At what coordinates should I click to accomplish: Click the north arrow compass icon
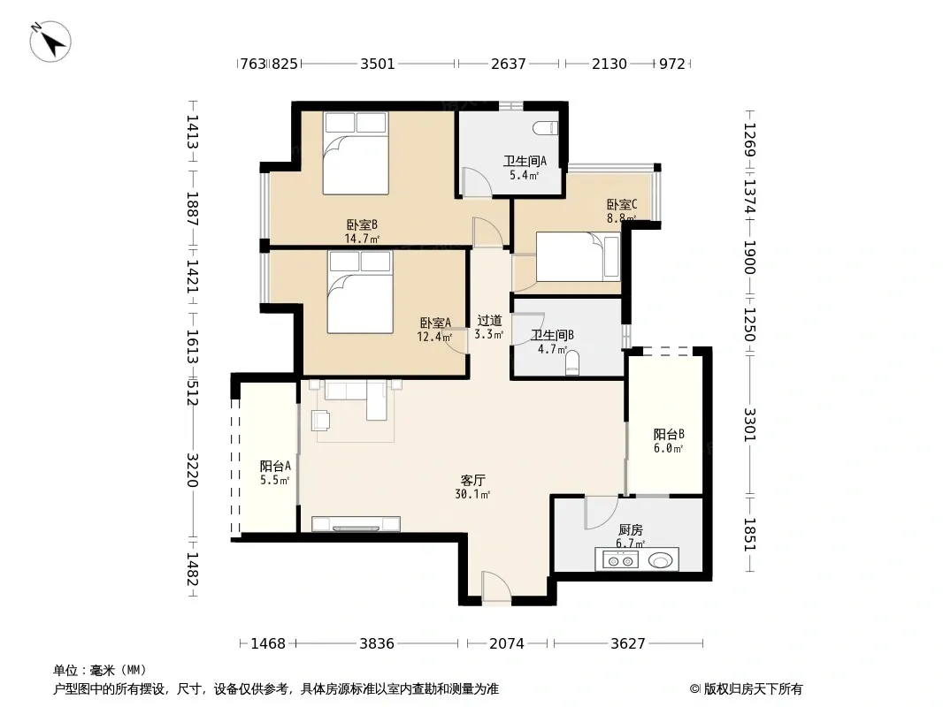pos(50,42)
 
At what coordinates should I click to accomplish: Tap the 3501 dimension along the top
pos(378,64)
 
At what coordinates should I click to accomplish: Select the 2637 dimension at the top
pos(508,64)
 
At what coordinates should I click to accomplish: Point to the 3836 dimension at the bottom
pos(377,644)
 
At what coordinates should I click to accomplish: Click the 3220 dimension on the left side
pos(192,470)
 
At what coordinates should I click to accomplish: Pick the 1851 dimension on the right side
pos(749,535)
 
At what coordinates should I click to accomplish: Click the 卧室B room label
pos(362,225)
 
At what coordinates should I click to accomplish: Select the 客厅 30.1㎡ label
pos(472,487)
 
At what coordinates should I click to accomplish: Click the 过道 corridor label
pos(489,321)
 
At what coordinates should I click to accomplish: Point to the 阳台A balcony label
pos(275,466)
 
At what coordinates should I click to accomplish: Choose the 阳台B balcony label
pos(669,434)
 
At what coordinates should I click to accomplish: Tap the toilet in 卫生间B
pos(572,363)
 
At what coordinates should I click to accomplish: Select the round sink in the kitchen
pos(660,560)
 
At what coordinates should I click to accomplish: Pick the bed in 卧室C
pos(578,256)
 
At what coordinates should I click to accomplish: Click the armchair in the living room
pos(320,421)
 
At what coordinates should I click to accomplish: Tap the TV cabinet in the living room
pos(356,524)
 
